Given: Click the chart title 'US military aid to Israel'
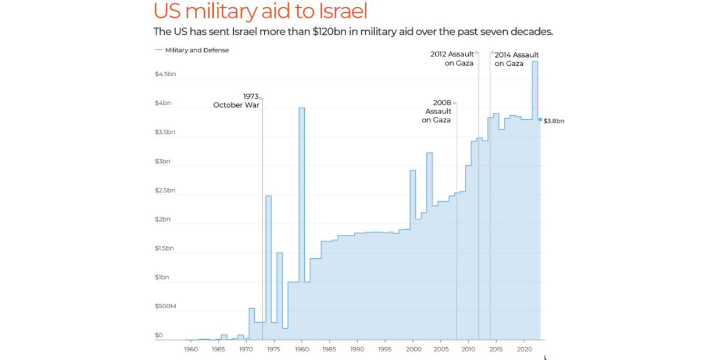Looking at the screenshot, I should point(260,12).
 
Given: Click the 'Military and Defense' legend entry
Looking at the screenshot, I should point(197,50).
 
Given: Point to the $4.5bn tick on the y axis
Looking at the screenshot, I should point(165,74).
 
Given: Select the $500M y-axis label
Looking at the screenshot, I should point(165,306).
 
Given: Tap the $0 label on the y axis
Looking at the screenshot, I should point(159,335).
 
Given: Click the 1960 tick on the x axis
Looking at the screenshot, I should point(191,349).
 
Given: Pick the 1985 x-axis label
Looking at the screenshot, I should point(330,349).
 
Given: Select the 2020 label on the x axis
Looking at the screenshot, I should point(524,349).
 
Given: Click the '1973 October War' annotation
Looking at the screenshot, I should point(237,101).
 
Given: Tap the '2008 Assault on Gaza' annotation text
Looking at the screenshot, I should point(437,111).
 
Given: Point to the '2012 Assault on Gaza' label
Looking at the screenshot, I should point(453,59).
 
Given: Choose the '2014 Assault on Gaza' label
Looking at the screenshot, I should point(516,59).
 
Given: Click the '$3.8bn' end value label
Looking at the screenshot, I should point(554,121).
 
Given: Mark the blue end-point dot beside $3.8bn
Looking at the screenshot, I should point(540,119).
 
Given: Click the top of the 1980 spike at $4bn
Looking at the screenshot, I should point(302,108).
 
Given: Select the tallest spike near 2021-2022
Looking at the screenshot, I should point(535,62).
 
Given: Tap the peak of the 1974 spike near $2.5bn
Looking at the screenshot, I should point(269,196).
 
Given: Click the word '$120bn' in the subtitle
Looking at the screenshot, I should point(330,31).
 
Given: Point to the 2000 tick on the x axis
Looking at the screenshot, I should point(413,349).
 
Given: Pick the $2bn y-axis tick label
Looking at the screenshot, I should point(162,219).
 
